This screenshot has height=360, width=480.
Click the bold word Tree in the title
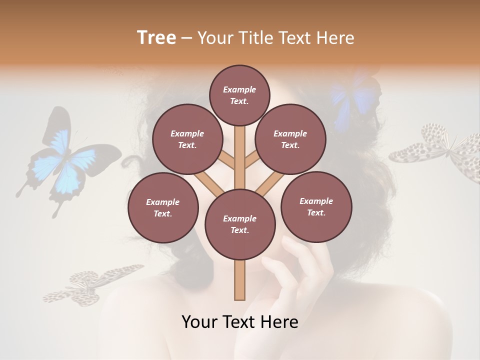(156, 37)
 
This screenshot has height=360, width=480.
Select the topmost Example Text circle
(239, 95)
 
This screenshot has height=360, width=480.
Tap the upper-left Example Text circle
(187, 139)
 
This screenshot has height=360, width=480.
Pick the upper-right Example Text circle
(290, 139)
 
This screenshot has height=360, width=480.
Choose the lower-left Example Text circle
(162, 207)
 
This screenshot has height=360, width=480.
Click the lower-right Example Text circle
(316, 206)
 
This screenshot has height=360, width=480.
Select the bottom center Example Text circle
(239, 224)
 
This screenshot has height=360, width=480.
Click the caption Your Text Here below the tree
(239, 322)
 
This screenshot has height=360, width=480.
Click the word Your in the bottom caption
(200, 322)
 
